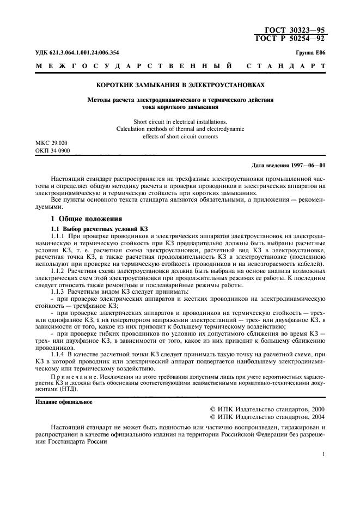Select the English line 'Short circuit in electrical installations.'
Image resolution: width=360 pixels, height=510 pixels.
point(180,122)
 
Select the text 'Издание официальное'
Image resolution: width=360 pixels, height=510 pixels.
point(64,402)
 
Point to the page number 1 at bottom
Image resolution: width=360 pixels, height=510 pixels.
point(324,454)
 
